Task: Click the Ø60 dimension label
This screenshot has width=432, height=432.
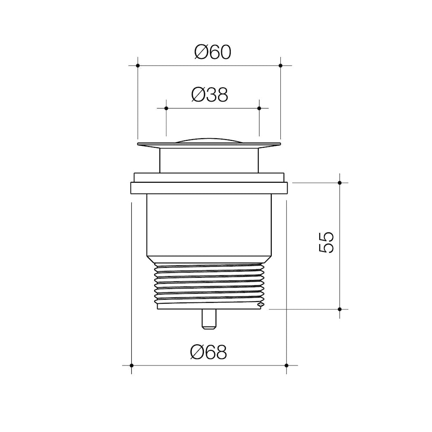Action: pyautogui.click(x=213, y=52)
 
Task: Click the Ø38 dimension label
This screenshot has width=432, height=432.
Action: pyautogui.click(x=209, y=95)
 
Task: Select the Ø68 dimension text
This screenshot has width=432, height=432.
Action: pyautogui.click(x=208, y=353)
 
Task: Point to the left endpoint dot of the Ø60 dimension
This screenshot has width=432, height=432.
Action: pyautogui.click(x=138, y=66)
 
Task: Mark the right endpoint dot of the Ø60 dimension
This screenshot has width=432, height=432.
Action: pyautogui.click(x=280, y=66)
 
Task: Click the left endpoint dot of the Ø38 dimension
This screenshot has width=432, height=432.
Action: pyautogui.click(x=166, y=108)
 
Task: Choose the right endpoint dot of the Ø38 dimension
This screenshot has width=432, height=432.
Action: pyautogui.click(x=259, y=108)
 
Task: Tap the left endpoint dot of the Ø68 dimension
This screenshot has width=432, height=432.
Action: pyautogui.click(x=131, y=365)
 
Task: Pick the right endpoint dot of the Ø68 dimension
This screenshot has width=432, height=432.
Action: pyautogui.click(x=286, y=365)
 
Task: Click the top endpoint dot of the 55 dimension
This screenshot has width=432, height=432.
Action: pyautogui.click(x=340, y=183)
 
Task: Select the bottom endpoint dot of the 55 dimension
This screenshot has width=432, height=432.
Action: pyautogui.click(x=340, y=309)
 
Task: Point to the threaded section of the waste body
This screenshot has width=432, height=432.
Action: pyautogui.click(x=209, y=285)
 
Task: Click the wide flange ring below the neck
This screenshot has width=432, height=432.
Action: pyautogui.click(x=209, y=188)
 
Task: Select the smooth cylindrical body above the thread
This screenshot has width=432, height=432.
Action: pyautogui.click(x=209, y=225)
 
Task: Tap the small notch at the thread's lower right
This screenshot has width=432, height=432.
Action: pyautogui.click(x=259, y=305)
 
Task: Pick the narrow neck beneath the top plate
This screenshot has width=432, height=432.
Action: pyautogui.click(x=209, y=160)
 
